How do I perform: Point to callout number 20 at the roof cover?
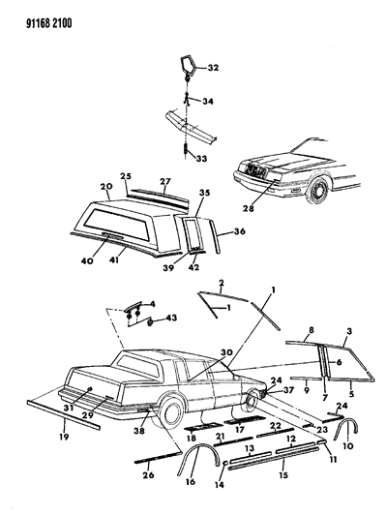(78, 188)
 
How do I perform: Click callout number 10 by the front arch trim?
(348, 448)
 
